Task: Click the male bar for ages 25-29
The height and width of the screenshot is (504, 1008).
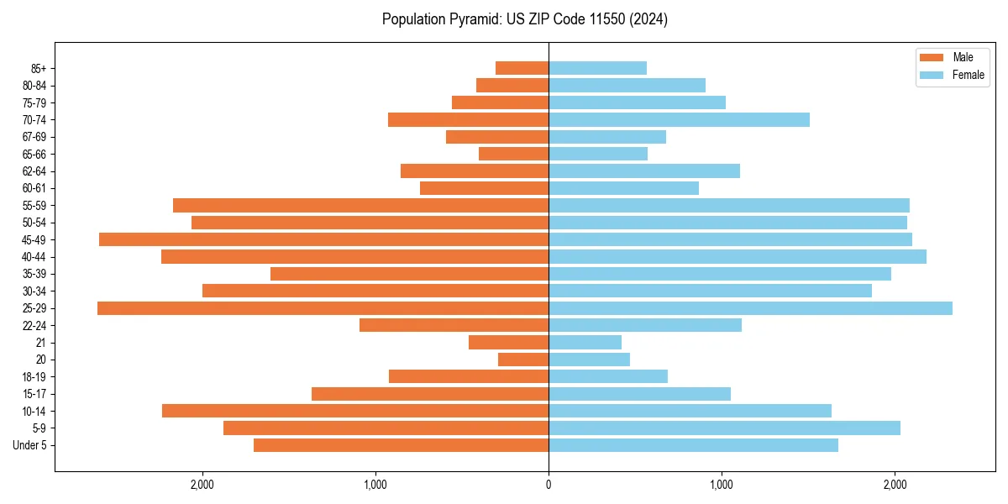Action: (x=323, y=308)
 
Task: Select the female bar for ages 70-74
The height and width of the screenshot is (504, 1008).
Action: (x=679, y=120)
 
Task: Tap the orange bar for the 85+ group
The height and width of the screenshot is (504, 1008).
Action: (x=522, y=68)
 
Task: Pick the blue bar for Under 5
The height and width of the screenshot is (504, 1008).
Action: (x=693, y=445)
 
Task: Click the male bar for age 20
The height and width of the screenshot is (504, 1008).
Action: (x=523, y=360)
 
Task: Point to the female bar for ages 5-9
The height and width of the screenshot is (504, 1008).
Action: (x=724, y=428)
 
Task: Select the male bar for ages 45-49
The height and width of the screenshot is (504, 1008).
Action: (x=323, y=239)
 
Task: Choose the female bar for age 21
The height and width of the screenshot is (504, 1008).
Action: (x=585, y=343)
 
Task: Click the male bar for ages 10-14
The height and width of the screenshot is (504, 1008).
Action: (x=355, y=411)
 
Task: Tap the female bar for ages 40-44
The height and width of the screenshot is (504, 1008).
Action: (x=738, y=257)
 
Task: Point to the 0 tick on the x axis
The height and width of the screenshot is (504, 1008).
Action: (x=549, y=485)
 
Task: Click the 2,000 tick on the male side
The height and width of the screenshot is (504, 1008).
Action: (x=202, y=485)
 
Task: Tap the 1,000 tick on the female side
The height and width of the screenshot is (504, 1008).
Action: (x=722, y=485)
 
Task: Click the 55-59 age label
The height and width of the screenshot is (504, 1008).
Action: (x=34, y=206)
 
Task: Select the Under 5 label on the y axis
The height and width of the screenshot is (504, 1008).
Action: (x=30, y=445)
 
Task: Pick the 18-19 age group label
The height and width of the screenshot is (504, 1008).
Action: (x=34, y=377)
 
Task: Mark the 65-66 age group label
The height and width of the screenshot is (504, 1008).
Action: (x=34, y=155)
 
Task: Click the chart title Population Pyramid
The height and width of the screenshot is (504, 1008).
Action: (x=524, y=19)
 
